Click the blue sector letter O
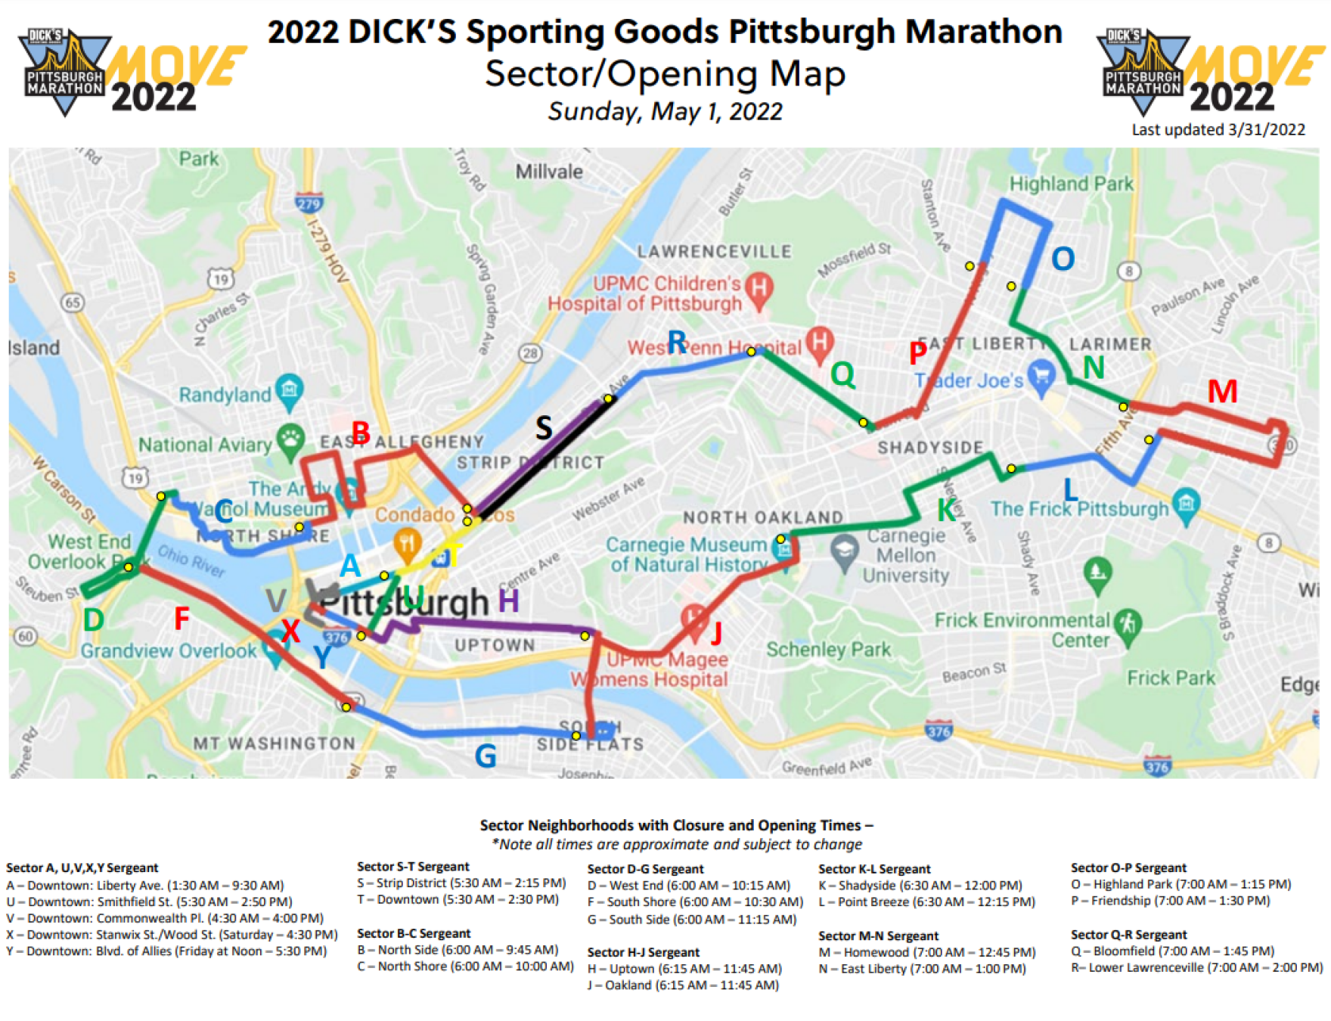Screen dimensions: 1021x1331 click(x=1063, y=259)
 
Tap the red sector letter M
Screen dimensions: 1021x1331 click(x=1222, y=392)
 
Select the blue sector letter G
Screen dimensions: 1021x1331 click(x=485, y=756)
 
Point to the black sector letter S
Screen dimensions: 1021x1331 click(x=543, y=428)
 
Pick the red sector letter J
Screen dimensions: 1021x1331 click(x=715, y=632)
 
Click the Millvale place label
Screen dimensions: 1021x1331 click(x=549, y=172)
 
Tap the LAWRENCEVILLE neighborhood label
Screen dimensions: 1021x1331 click(x=714, y=251)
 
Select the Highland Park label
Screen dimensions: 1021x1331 click(x=1071, y=184)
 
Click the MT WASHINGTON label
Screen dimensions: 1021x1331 click(x=274, y=743)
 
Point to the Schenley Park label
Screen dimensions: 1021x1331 click(x=828, y=650)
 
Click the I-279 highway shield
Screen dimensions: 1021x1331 click(x=309, y=203)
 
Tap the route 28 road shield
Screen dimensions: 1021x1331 click(x=530, y=352)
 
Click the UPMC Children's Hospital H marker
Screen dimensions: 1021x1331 click(x=759, y=288)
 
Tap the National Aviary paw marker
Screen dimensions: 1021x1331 click(x=290, y=439)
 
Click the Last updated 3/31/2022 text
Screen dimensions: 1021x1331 click(x=1218, y=129)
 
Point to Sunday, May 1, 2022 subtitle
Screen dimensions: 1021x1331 click(x=665, y=111)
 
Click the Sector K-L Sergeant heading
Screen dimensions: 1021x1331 click(x=874, y=869)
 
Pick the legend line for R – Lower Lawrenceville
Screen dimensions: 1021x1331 click(x=1196, y=967)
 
